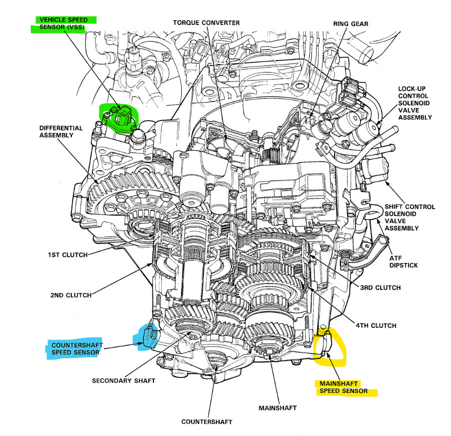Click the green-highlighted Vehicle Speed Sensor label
[63, 23]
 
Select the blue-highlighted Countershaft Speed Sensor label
[75, 347]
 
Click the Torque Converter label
[206, 22]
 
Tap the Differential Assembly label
[60, 132]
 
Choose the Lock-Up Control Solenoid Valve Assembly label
[415, 103]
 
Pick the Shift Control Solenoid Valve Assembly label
[409, 217]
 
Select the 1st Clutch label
[67, 255]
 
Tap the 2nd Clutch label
[71, 295]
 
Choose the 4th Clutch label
[376, 325]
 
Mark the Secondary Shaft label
[123, 380]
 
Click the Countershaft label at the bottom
[206, 422]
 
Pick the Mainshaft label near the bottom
[277, 408]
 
